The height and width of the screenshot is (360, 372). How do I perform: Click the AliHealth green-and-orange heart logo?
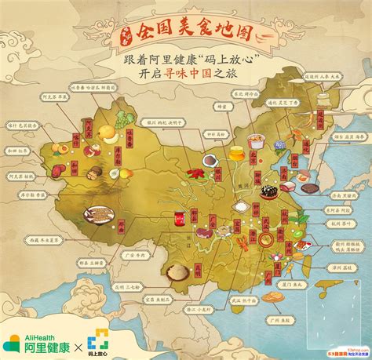point(13,340)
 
